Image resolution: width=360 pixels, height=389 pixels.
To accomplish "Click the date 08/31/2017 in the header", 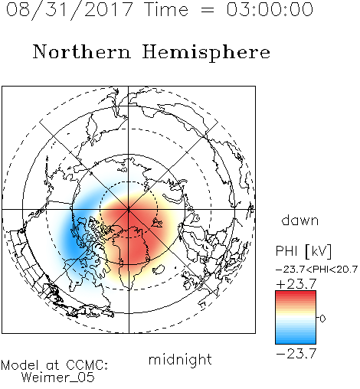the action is [x=69, y=10].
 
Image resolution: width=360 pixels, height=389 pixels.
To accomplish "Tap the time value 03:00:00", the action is [x=270, y=9].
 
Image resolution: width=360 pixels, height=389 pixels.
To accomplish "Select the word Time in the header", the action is [x=166, y=9].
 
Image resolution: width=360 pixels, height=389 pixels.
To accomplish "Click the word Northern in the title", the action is [x=82, y=51].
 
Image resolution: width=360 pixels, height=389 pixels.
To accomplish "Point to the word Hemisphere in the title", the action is [x=206, y=53].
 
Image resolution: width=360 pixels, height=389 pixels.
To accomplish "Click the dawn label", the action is [x=300, y=220].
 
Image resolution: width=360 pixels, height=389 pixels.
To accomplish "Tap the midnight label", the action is [x=180, y=360].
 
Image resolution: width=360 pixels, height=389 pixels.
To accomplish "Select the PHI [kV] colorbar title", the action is [x=303, y=251].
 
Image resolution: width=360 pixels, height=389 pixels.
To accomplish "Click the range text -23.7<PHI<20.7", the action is [x=316, y=270].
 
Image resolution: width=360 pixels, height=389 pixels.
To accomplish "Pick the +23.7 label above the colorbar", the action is [x=296, y=284].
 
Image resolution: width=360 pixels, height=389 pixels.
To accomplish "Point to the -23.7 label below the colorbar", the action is [x=296, y=354].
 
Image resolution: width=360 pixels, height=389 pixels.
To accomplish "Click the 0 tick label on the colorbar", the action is [x=322, y=319].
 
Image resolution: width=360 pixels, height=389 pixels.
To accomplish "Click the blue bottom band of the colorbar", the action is [x=296, y=339].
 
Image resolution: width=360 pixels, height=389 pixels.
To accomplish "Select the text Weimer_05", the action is [x=58, y=378].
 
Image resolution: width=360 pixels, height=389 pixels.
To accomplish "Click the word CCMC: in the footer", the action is [x=87, y=365].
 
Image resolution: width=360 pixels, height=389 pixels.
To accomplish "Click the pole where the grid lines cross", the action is [x=129, y=210].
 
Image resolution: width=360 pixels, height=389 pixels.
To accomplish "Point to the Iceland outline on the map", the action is [x=159, y=270].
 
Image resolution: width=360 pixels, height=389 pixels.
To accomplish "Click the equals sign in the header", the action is [x=208, y=10].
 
